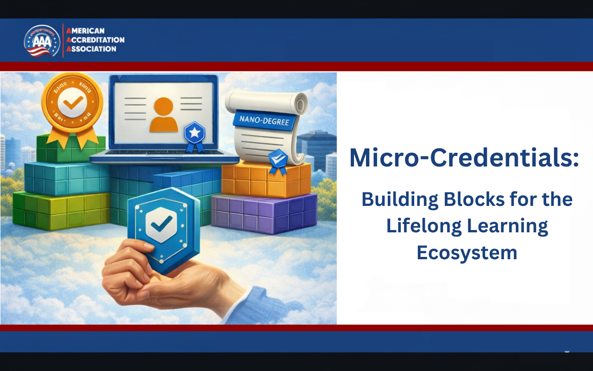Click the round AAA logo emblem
pos(42,41)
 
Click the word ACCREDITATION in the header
pos(95,40)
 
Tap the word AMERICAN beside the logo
pos(86,31)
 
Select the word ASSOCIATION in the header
pos(91,49)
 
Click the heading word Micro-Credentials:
pos(464,158)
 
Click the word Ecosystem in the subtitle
pos(467,253)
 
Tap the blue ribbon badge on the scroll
pos(278,160)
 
